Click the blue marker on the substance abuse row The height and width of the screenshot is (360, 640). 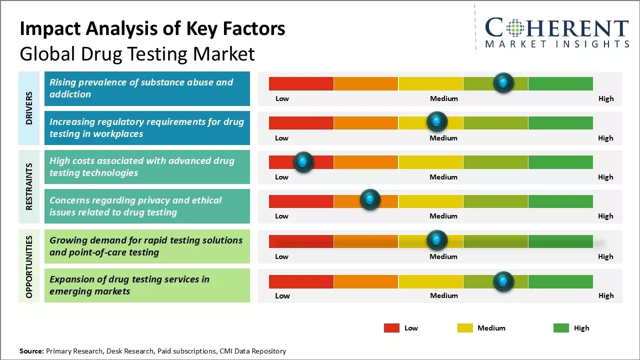click(x=503, y=82)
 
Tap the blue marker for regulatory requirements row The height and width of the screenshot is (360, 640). click(x=437, y=121)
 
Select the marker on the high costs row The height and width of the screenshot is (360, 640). click(x=303, y=162)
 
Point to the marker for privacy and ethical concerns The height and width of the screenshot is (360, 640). click(x=370, y=200)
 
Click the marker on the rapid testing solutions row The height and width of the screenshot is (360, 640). click(x=437, y=240)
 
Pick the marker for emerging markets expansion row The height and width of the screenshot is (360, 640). click(x=503, y=281)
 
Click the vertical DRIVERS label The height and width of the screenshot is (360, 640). click(x=29, y=108)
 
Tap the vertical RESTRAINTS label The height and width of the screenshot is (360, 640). click(x=29, y=186)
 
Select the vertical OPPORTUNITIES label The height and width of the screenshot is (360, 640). click(x=29, y=266)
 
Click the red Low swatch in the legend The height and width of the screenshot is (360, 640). click(x=391, y=328)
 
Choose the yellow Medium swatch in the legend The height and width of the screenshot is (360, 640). click(x=465, y=328)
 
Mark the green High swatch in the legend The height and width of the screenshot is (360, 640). click(x=561, y=328)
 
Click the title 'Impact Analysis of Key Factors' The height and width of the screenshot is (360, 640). click(x=152, y=29)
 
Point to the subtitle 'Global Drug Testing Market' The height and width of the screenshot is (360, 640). click(x=137, y=53)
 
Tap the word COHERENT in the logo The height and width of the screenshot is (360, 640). click(x=556, y=28)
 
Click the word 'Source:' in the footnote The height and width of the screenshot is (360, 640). click(x=32, y=351)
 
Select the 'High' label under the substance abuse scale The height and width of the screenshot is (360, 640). click(x=606, y=98)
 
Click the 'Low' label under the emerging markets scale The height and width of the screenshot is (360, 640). click(x=282, y=295)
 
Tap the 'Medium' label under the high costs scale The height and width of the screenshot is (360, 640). click(x=443, y=177)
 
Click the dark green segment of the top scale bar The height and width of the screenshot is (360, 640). click(x=560, y=83)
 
